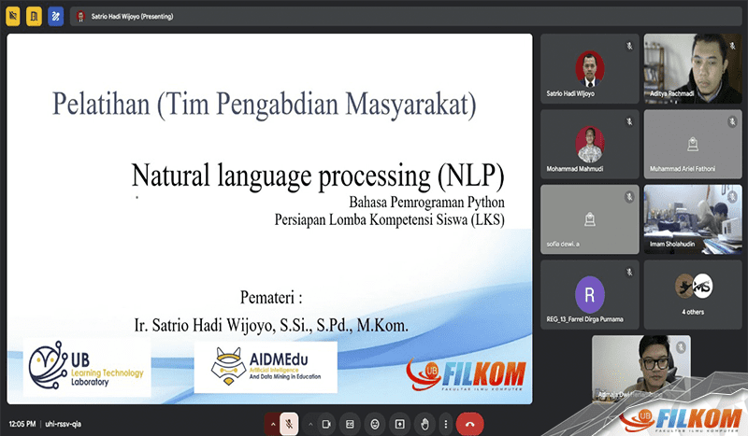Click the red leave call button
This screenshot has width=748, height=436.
coord(469,422)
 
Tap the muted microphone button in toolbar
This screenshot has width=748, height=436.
coord(290,422)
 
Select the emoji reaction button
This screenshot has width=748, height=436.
coord(374,422)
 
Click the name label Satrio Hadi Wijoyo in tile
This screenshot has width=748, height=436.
coord(571,93)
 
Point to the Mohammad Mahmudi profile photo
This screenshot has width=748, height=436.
coord(589,142)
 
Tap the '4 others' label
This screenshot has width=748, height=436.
coord(693,311)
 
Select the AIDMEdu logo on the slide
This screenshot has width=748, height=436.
coord(266,366)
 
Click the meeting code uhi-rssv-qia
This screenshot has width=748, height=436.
coord(64,422)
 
